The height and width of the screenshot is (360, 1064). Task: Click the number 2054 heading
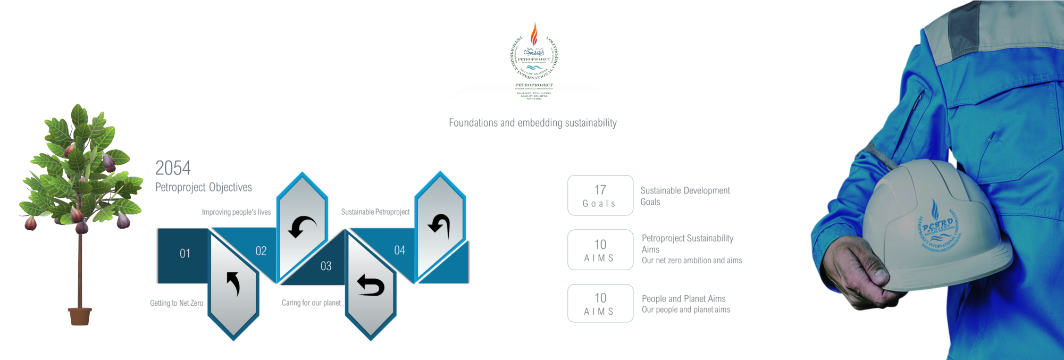pyautogui.click(x=173, y=168)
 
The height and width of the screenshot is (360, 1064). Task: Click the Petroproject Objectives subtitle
pyautogui.click(x=204, y=187)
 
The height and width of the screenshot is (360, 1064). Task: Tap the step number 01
pyautogui.click(x=185, y=254)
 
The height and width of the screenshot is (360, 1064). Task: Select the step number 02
pyautogui.click(x=261, y=251)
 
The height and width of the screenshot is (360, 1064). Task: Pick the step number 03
pyautogui.click(x=326, y=266)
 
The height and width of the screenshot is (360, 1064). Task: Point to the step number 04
pyautogui.click(x=400, y=250)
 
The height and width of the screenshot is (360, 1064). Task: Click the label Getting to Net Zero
pyautogui.click(x=177, y=303)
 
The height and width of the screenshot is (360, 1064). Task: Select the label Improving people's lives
pyautogui.click(x=236, y=212)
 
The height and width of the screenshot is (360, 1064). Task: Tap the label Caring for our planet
pyautogui.click(x=311, y=303)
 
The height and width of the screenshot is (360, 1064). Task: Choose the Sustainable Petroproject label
pyautogui.click(x=375, y=212)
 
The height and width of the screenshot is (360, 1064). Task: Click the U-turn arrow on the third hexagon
pyautogui.click(x=371, y=286)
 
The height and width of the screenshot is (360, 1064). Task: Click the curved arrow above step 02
pyautogui.click(x=302, y=227)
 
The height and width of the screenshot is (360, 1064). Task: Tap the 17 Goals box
pyautogui.click(x=600, y=196)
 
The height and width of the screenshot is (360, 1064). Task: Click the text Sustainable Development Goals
pyautogui.click(x=685, y=196)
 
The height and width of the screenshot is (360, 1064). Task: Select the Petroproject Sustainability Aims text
pyautogui.click(x=688, y=244)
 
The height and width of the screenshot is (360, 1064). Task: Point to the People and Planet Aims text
pyautogui.click(x=684, y=299)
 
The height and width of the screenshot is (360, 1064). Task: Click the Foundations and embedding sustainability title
pyautogui.click(x=533, y=123)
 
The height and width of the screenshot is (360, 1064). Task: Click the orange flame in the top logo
pyautogui.click(x=534, y=34)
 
